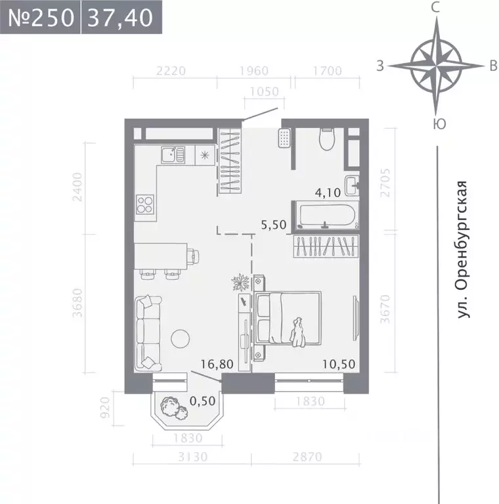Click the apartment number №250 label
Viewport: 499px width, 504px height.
[40, 17]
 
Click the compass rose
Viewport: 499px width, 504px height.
[435, 66]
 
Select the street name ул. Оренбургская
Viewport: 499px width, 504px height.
[464, 250]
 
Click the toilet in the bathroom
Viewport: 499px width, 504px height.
[326, 139]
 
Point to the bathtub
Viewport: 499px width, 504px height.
[326, 214]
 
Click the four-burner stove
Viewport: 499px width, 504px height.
[145, 204]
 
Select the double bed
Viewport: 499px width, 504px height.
[288, 318]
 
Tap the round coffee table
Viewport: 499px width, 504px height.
[181, 338]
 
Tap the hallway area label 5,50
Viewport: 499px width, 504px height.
[274, 224]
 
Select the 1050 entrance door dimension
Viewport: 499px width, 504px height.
[261, 92]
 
